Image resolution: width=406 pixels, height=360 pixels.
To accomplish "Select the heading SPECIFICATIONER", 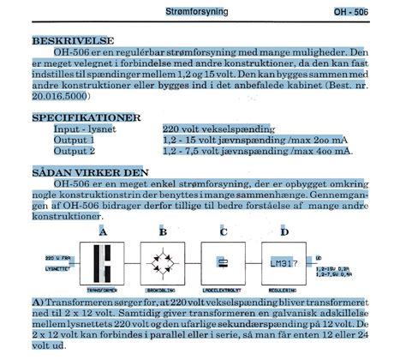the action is point(85,115).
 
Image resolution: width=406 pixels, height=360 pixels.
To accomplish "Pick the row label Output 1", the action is point(75,139).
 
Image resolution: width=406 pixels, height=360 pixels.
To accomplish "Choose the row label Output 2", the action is point(75,151).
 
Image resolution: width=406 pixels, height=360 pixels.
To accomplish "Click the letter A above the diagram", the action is point(103,232).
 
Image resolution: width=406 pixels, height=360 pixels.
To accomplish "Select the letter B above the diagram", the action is point(163,232).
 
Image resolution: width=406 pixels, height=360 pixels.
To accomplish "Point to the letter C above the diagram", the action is point(223,232).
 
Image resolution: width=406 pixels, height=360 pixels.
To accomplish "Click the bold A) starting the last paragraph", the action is point(37,303).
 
